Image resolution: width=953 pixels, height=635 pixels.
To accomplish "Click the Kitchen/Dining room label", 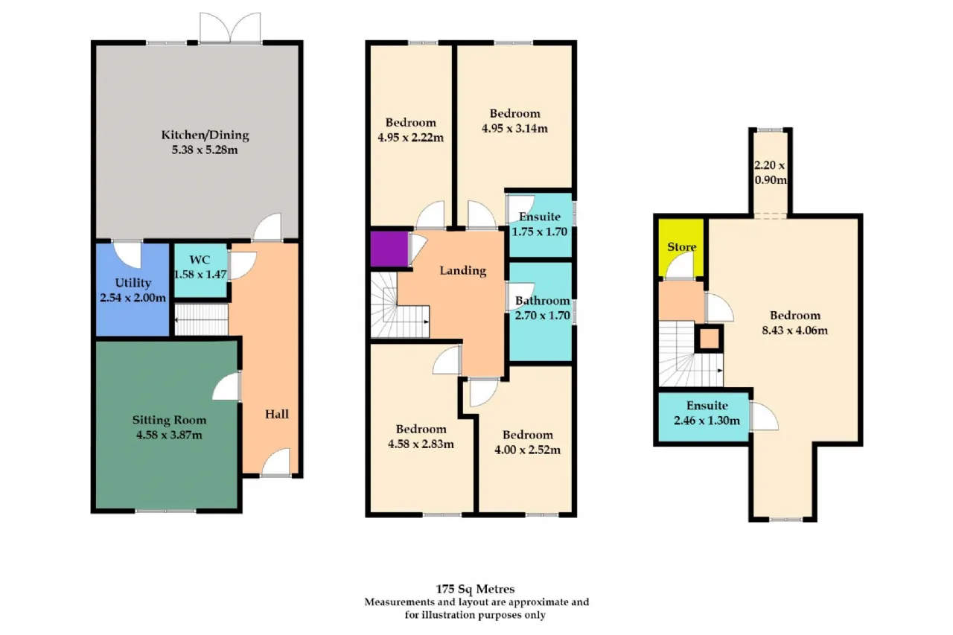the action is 205,135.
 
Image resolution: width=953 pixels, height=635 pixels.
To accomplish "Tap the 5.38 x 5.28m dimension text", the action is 205,150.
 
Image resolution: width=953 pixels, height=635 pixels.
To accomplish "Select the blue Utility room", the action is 133,290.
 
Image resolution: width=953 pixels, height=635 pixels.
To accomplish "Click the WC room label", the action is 200,260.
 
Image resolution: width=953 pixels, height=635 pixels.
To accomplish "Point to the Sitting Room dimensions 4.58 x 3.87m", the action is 169,435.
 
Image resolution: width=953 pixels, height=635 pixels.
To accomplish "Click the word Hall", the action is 276,414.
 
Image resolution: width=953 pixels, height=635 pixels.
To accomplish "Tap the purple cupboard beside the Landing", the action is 389,249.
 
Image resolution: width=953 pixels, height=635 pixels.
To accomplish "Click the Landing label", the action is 463,271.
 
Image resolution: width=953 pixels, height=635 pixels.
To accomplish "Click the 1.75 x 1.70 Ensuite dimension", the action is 540,232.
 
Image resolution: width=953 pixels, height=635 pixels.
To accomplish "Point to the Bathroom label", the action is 543,301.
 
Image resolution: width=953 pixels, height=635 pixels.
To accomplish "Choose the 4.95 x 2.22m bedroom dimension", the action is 410,138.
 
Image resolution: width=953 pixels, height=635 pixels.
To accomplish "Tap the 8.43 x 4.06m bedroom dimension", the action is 794,331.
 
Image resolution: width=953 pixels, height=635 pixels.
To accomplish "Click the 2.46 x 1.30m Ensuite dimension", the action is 707,421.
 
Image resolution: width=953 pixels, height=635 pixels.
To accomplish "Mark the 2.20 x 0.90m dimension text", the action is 770,173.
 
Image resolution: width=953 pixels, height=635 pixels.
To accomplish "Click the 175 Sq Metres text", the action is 475,589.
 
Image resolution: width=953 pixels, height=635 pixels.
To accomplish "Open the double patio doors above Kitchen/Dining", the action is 230,28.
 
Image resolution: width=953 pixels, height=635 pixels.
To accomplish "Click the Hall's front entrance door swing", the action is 275,462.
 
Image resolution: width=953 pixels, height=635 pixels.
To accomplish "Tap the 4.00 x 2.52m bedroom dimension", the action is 528,450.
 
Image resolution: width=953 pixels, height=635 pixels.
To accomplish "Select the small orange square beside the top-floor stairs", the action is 710,339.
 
